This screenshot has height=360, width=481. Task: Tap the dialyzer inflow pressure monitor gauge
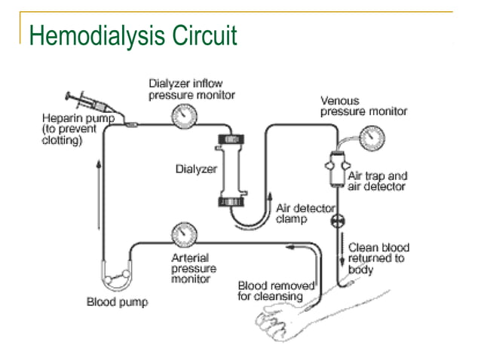point(182,115)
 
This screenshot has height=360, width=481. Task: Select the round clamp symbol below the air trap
point(335,223)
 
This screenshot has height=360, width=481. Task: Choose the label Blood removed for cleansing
point(271,291)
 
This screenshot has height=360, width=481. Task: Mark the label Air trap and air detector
point(377,181)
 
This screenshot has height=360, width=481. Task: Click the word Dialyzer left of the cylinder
point(191,169)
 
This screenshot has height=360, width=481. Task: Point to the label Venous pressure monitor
point(363,106)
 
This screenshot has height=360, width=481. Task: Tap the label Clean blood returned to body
point(376,258)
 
